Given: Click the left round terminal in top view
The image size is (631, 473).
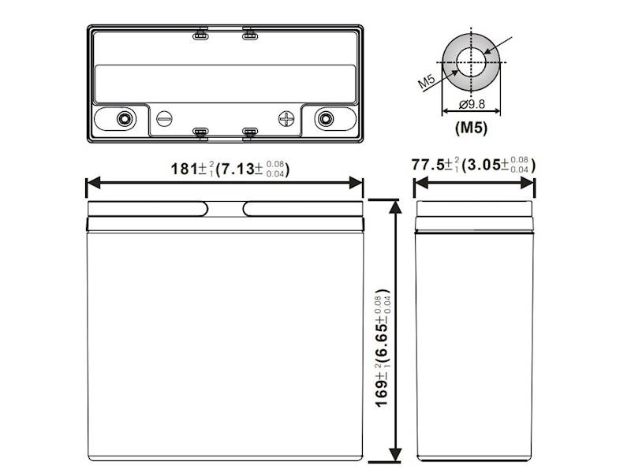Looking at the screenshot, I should point(123,118).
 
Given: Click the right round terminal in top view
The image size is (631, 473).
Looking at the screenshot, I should point(323,118).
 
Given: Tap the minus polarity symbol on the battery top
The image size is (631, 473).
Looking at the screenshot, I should point(164,119).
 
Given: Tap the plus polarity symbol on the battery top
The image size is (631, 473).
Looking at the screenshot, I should point(286,119).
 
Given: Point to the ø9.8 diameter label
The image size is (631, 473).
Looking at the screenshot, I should point(472,105).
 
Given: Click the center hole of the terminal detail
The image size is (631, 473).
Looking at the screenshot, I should point(472,62).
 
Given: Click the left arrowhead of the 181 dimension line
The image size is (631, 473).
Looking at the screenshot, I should point(90,183).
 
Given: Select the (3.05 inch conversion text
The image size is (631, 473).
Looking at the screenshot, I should point(483,166).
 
